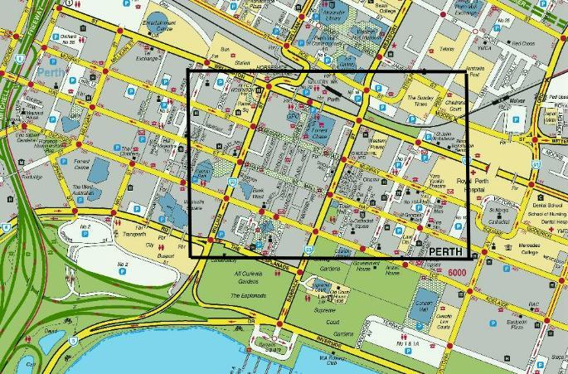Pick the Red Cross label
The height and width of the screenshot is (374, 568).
tap(522, 43)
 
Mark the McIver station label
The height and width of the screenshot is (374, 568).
tap(517, 101)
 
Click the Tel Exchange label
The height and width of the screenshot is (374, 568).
tap(148, 58)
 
